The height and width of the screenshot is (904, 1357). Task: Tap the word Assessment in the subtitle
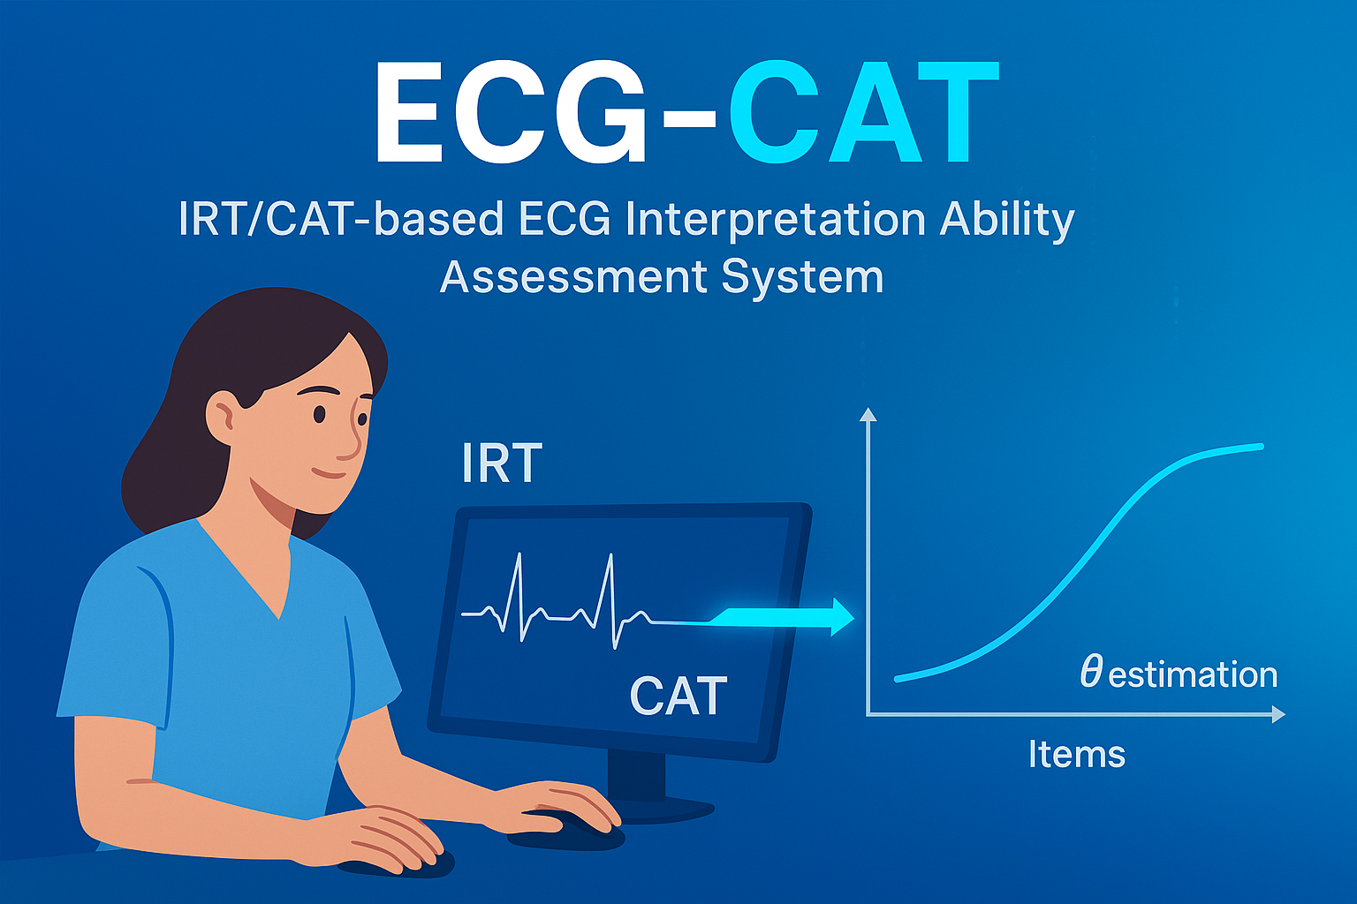[x=572, y=277]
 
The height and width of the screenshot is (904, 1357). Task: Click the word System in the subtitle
[x=802, y=277]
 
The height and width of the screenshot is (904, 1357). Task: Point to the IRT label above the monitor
[x=502, y=464]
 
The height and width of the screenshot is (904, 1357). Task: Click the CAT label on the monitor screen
[x=678, y=697]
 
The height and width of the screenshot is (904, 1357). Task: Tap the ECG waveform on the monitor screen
[x=557, y=600]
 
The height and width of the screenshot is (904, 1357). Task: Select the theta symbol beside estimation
[x=1091, y=673]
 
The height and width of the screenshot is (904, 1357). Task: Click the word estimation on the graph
[x=1193, y=675]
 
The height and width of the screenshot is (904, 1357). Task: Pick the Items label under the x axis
[x=1076, y=755]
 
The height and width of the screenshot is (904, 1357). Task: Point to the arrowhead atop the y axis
[x=868, y=414]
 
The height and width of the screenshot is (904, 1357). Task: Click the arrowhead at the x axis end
[x=1278, y=714]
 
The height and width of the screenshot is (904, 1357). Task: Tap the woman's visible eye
[x=320, y=414]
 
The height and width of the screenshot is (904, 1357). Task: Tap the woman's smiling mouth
[x=330, y=473]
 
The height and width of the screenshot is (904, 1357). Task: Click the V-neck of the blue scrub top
[x=279, y=609]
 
